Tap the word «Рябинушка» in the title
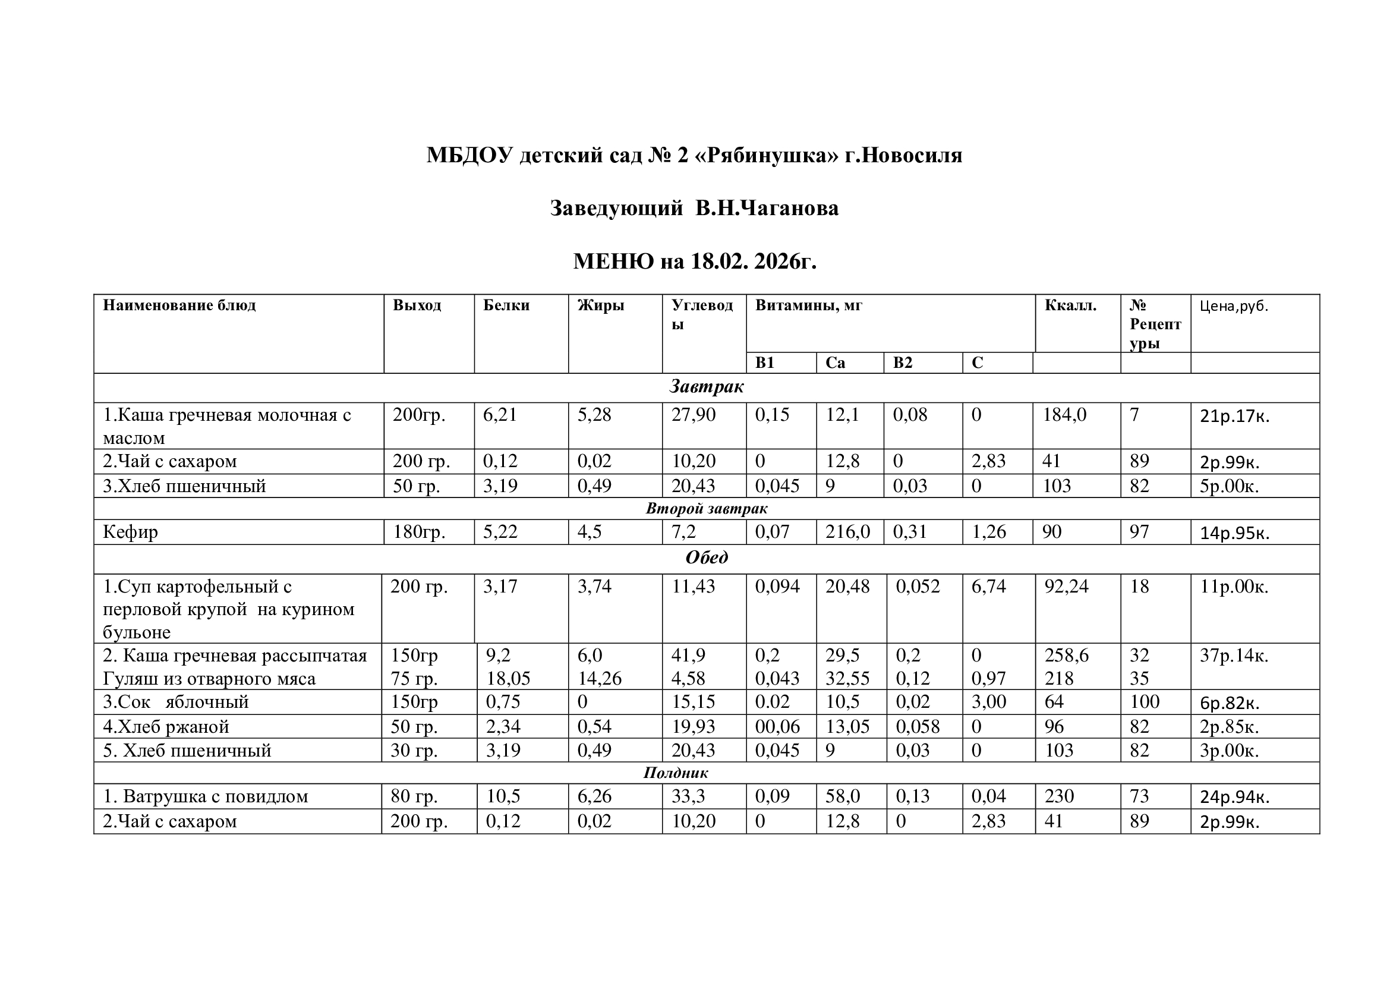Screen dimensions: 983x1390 pyautogui.click(x=769, y=156)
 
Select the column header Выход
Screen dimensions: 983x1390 pyautogui.click(x=417, y=305)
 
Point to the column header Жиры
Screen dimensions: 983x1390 pyautogui.click(x=600, y=305)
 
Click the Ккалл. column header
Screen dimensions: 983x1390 pyautogui.click(x=1070, y=305)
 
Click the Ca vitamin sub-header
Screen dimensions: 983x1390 pyautogui.click(x=835, y=363)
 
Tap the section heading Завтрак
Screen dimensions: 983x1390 pyautogui.click(x=707, y=387)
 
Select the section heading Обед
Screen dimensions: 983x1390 pyautogui.click(x=707, y=557)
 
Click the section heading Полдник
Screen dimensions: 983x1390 pyautogui.click(x=676, y=773)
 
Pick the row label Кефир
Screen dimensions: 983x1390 pyautogui.click(x=130, y=532)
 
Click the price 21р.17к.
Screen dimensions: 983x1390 pyautogui.click(x=1234, y=417)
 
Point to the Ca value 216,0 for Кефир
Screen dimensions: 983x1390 pyautogui.click(x=847, y=532)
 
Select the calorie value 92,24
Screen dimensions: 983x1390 pyautogui.click(x=1066, y=586)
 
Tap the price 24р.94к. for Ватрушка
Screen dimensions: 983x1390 pyautogui.click(x=1234, y=797)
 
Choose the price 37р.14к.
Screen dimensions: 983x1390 pyautogui.click(x=1234, y=656)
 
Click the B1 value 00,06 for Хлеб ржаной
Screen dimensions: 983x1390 pyautogui.click(x=777, y=726)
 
